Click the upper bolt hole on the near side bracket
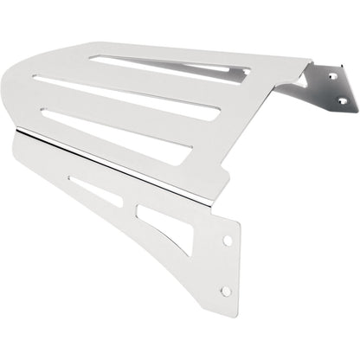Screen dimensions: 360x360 (228, 240)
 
